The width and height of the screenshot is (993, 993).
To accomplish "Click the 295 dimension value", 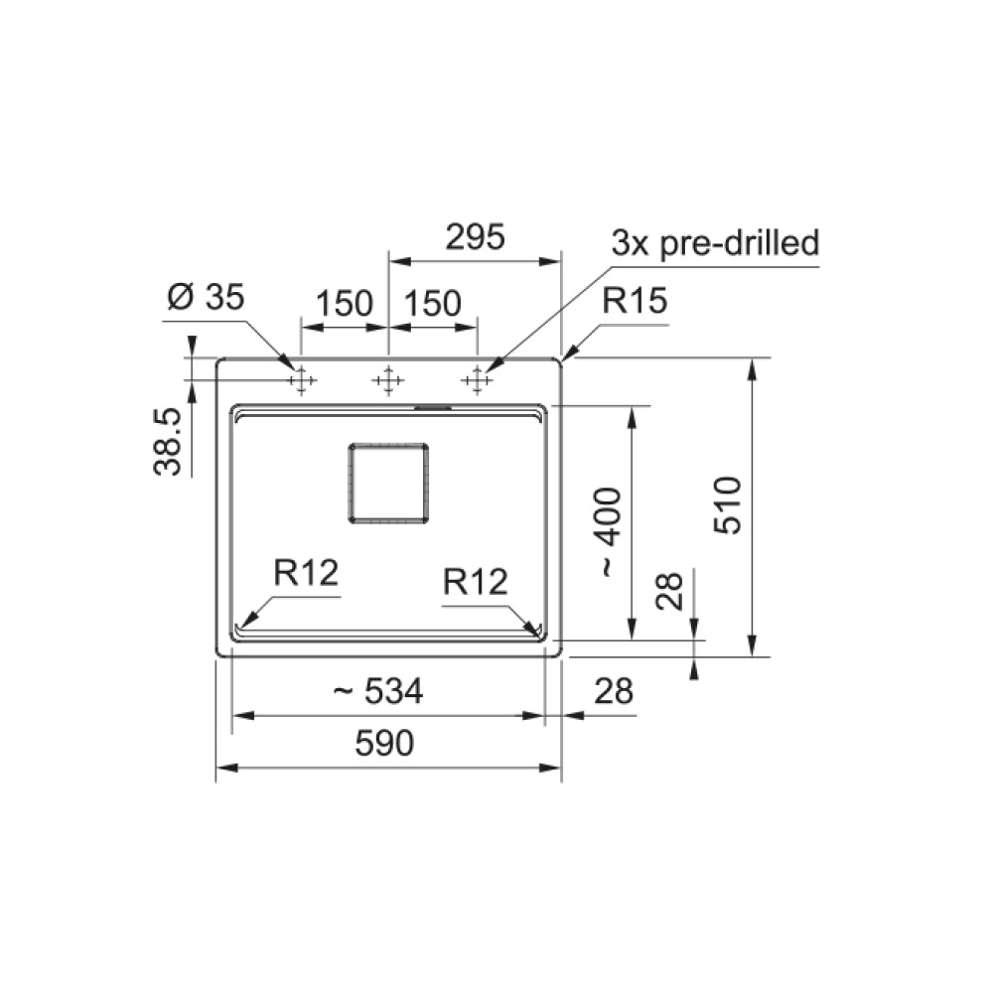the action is coord(475,237).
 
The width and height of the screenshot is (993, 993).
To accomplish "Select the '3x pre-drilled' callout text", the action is coord(715,243).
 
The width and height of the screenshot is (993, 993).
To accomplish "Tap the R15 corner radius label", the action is coord(635,300).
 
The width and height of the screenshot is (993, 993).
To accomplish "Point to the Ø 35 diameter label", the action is coord(206,296).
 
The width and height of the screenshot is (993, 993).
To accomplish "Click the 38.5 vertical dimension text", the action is coord(167,442).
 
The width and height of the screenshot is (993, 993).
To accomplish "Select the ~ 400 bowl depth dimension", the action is coord(610,532).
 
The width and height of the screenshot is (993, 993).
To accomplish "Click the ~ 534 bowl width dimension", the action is coord(378,691).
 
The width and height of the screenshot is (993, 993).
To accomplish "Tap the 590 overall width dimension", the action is coord(384,743).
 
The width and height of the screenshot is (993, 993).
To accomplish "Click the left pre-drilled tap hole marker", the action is coord(301,380).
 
